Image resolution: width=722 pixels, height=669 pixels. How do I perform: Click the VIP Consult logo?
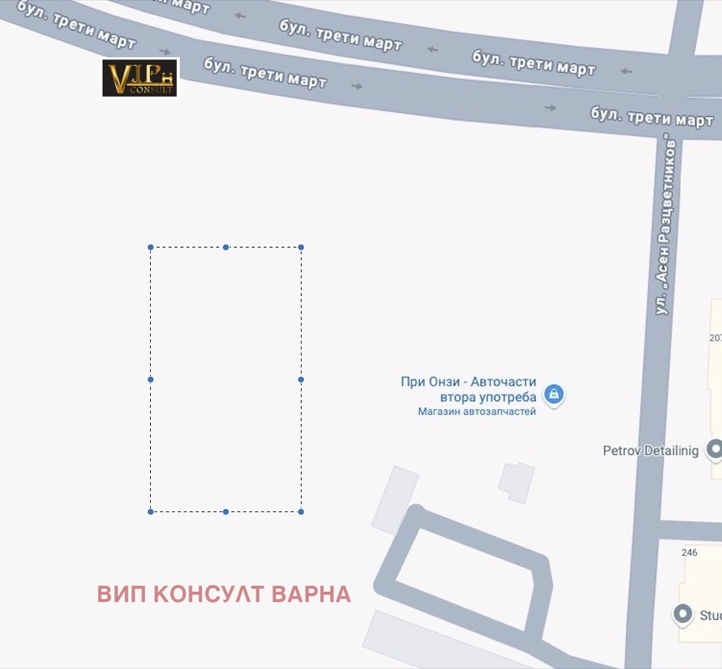pyautogui.click(x=140, y=78)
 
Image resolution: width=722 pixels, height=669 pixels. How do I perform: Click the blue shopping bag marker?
pyautogui.click(x=553, y=393)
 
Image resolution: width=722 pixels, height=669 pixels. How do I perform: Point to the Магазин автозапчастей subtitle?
pyautogui.click(x=476, y=412)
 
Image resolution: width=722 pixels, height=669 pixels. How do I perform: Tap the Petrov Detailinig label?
pyautogui.click(x=651, y=450)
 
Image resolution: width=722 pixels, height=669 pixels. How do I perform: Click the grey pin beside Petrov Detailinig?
pyautogui.click(x=715, y=448)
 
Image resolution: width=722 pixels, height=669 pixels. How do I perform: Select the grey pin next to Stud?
pyautogui.click(x=682, y=614)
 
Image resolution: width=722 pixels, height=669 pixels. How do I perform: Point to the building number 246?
pyautogui.click(x=689, y=552)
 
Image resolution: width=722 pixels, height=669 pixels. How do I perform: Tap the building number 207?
pyautogui.click(x=715, y=338)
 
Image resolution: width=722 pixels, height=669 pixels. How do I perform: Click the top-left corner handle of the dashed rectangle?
pyautogui.click(x=151, y=248)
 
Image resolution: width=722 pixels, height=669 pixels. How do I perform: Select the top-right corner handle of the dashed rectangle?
pyautogui.click(x=301, y=248)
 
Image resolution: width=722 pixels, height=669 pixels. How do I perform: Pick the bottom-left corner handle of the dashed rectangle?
pyautogui.click(x=151, y=511)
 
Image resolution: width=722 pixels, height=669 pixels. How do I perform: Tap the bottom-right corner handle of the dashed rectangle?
pyautogui.click(x=301, y=511)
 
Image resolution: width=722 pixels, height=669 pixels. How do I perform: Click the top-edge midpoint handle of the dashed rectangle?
pyautogui.click(x=226, y=248)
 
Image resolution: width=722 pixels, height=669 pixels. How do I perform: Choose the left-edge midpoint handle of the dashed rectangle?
pyautogui.click(x=151, y=380)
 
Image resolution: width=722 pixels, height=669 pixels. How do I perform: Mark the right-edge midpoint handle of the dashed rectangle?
pyautogui.click(x=301, y=380)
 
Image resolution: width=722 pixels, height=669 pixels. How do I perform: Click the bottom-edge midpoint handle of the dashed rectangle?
pyautogui.click(x=226, y=511)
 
